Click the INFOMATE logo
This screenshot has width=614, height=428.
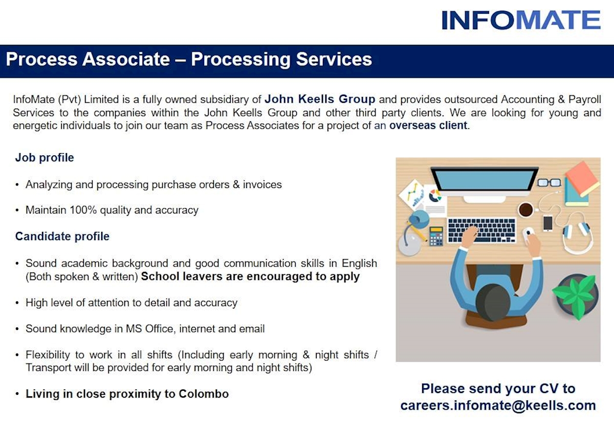(521, 20)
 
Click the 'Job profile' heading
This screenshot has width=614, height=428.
(45, 158)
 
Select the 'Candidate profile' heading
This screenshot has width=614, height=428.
(62, 236)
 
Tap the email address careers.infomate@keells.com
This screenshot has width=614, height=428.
(498, 406)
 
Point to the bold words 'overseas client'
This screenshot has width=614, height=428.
(428, 125)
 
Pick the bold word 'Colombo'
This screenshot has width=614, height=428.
(204, 394)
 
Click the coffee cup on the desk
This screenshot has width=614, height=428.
(525, 209)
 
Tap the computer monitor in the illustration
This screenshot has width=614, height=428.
(484, 184)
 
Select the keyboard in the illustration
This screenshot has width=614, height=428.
(481, 230)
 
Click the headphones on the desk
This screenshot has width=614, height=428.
(577, 234)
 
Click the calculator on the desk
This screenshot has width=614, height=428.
(436, 236)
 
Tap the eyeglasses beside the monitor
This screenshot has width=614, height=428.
(549, 182)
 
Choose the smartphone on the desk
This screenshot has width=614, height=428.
(547, 223)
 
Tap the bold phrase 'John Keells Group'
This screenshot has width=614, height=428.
(320, 99)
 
